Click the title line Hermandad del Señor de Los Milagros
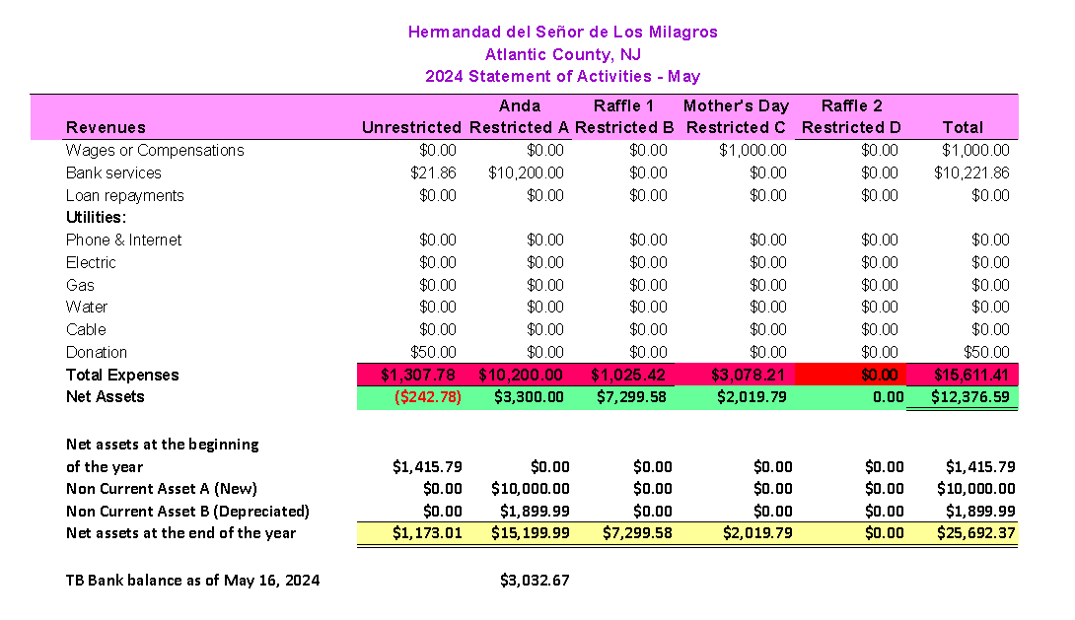tap(562, 32)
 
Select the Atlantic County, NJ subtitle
tap(562, 54)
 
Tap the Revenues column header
tap(106, 127)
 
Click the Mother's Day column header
tap(736, 105)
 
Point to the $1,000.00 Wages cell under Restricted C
tap(752, 151)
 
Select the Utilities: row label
tap(96, 217)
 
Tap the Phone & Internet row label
tap(123, 241)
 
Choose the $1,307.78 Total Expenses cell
tap(421, 376)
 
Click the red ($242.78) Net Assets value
tap(427, 397)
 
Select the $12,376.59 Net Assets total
tap(971, 397)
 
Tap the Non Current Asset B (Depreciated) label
tap(187, 511)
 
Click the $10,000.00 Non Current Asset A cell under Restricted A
tap(530, 489)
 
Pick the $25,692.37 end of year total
tap(975, 533)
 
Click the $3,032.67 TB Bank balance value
tap(535, 581)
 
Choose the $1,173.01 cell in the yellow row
tap(427, 533)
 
